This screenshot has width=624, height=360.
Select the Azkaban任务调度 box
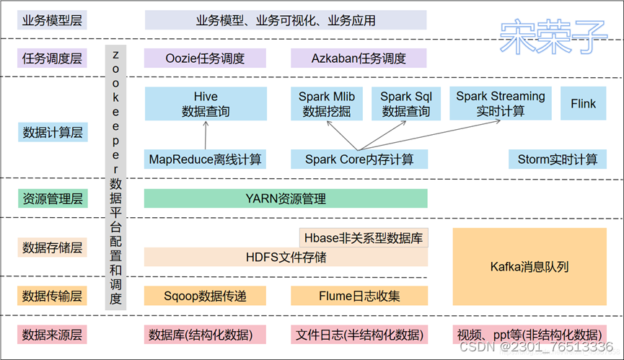click(359, 58)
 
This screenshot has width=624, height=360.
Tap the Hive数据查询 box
click(206, 104)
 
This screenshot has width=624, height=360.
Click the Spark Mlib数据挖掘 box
click(327, 104)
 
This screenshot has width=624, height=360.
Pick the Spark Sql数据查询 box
click(405, 104)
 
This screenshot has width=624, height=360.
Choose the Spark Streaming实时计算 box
click(501, 104)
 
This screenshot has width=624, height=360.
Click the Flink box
click(583, 104)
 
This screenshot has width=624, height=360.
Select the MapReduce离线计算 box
click(205, 159)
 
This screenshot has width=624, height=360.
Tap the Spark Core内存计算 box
click(359, 159)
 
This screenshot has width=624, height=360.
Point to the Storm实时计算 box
click(557, 159)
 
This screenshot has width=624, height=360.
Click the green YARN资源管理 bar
click(286, 198)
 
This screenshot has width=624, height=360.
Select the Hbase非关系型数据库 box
click(364, 237)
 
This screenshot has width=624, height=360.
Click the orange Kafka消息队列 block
click(529, 267)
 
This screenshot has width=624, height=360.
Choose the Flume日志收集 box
click(359, 296)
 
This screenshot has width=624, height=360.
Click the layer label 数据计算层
click(53, 132)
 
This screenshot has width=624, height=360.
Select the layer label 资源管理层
click(53, 198)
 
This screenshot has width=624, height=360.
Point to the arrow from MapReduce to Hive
click(206, 135)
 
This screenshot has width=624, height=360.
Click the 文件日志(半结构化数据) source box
click(359, 335)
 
